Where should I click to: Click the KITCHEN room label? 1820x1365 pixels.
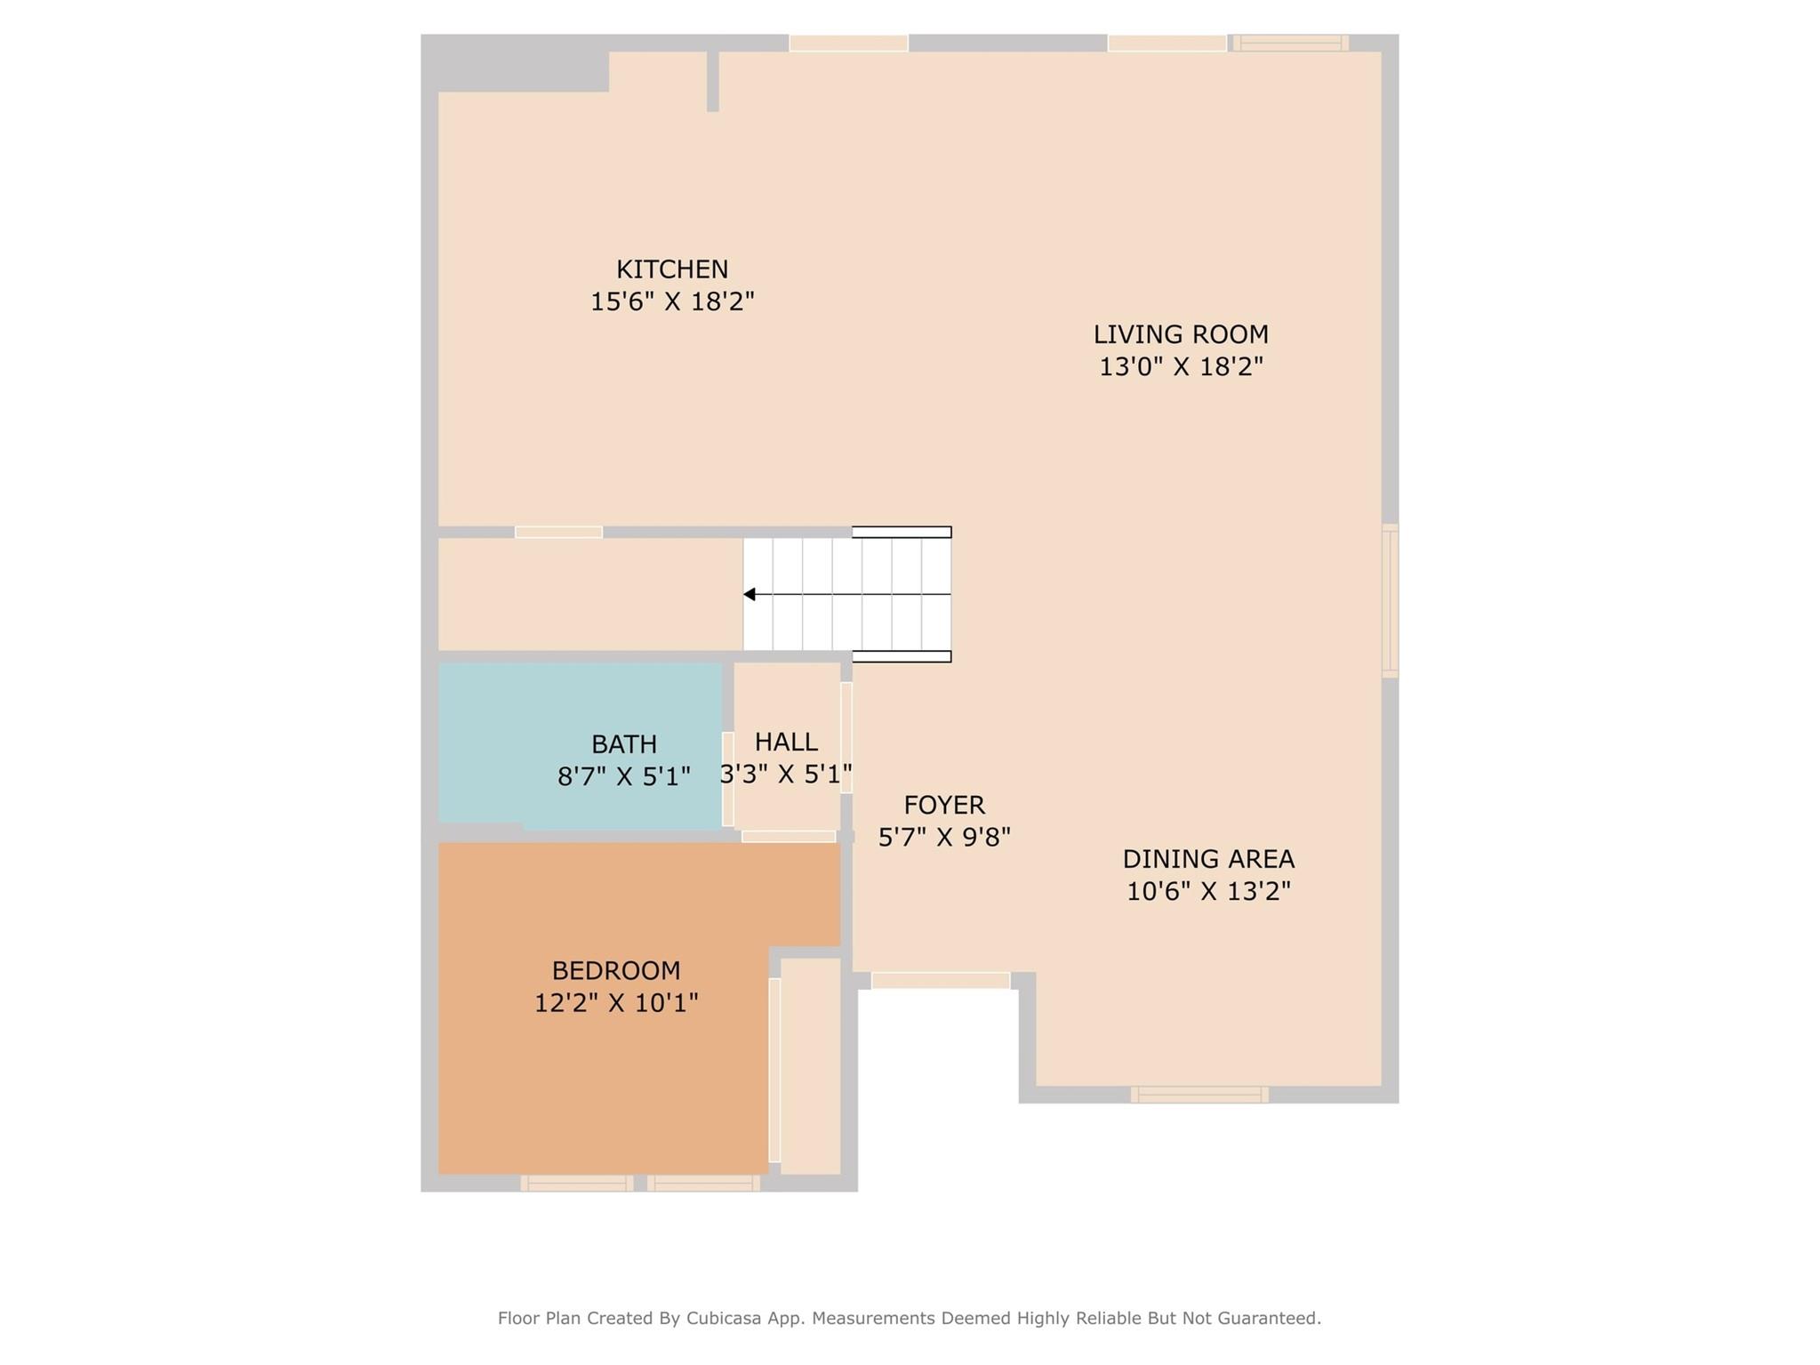pyautogui.click(x=672, y=269)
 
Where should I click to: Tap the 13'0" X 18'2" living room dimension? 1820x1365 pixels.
pyautogui.click(x=1181, y=366)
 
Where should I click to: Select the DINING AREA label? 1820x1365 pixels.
pyautogui.click(x=1208, y=859)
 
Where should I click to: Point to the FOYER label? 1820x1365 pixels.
pyautogui.click(x=944, y=805)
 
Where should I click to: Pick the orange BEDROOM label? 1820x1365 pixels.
pyautogui.click(x=616, y=970)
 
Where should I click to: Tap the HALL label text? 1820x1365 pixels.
pyautogui.click(x=786, y=742)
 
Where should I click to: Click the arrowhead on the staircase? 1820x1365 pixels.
pyautogui.click(x=750, y=594)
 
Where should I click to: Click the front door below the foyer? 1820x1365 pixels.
pyautogui.click(x=941, y=980)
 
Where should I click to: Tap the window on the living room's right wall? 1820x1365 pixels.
pyautogui.click(x=1390, y=601)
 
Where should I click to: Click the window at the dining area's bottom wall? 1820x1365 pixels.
pyautogui.click(x=1199, y=1095)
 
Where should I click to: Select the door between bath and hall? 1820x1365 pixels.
pyautogui.click(x=727, y=779)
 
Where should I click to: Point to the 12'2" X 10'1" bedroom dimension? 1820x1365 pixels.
pyautogui.click(x=616, y=1003)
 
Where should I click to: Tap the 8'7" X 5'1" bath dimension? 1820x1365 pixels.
pyautogui.click(x=623, y=777)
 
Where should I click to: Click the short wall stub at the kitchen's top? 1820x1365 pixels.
pyautogui.click(x=712, y=81)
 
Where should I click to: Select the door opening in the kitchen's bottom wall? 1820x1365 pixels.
pyautogui.click(x=558, y=532)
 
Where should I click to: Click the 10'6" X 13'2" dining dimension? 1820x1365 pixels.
pyautogui.click(x=1208, y=891)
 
